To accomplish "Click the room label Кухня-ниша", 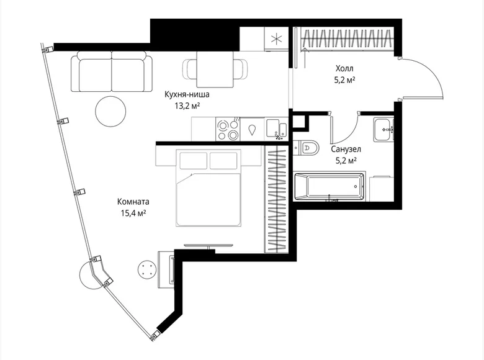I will pyautogui.click(x=186, y=95).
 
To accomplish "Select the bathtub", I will pyautogui.click(x=328, y=186).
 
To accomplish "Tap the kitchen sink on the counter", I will pyautogui.click(x=276, y=130).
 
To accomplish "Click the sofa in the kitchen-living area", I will pyautogui.click(x=112, y=72).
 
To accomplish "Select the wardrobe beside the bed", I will pyautogui.click(x=275, y=199).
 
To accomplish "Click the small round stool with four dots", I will pyautogui.click(x=147, y=270).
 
